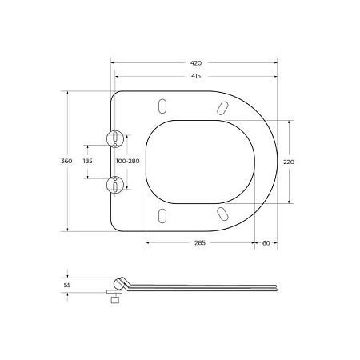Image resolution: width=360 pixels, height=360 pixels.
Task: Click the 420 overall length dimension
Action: pyautogui.click(x=196, y=62)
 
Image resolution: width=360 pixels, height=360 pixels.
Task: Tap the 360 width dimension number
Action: pyautogui.click(x=67, y=162)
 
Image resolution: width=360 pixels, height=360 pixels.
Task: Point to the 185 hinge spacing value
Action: pyautogui.click(x=88, y=162)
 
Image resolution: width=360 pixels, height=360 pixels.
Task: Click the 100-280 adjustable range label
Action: pyautogui.click(x=127, y=162)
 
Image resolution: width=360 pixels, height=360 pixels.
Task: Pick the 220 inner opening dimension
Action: pyautogui.click(x=289, y=162)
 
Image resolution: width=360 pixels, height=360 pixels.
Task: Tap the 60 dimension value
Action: pyautogui.click(x=266, y=243)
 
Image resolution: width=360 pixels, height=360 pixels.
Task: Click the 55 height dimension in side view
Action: pyautogui.click(x=67, y=283)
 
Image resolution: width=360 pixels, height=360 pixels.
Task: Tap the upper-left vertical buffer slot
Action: pyautogui.click(x=163, y=106)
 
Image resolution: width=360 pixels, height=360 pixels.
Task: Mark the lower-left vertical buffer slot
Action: pyautogui.click(x=163, y=215)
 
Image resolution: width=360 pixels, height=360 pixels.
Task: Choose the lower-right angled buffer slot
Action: pyautogui.click(x=220, y=214)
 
